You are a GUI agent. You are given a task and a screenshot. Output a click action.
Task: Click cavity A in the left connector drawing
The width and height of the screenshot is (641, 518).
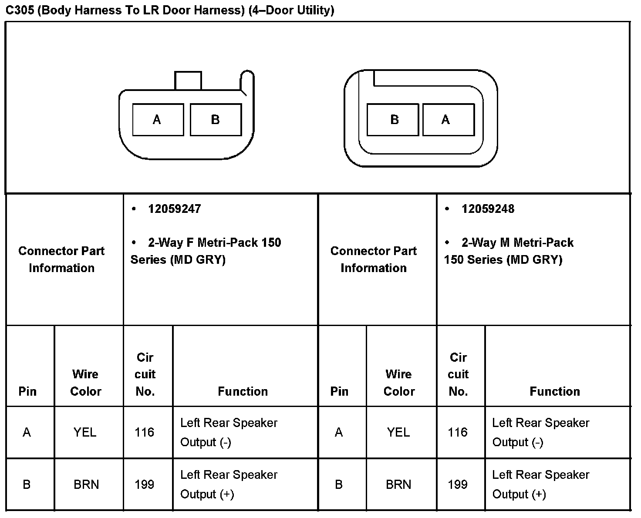coord(158,120)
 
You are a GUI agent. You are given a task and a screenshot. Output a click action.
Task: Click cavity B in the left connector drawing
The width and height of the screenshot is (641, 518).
coord(216,120)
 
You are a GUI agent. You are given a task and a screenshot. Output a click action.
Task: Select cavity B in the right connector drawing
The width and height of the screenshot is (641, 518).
coord(393,120)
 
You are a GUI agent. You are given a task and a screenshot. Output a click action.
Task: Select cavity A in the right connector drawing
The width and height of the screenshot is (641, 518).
coord(448,120)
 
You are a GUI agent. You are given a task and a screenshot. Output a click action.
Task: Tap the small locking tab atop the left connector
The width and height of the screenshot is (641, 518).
coord(188,81)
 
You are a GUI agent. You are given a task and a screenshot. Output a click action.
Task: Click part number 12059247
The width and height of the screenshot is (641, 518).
coord(174,209)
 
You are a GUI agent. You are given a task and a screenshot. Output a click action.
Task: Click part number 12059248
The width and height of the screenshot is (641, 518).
coord(488,209)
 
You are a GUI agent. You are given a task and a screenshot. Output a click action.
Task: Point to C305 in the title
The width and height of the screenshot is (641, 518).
coord(20,10)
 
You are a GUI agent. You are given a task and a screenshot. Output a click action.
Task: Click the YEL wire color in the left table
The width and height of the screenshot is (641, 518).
coord(85,432)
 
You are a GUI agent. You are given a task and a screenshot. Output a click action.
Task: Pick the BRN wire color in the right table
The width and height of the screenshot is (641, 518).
coord(398,484)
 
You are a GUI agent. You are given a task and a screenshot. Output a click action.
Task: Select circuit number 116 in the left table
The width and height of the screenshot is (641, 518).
coord(145,432)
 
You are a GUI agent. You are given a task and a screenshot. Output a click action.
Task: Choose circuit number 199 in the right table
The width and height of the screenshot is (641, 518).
coord(458,484)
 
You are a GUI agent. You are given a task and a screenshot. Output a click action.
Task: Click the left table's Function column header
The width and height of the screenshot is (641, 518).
coord(243,391)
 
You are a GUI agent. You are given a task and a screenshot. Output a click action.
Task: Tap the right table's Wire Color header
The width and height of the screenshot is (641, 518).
coord(399,383)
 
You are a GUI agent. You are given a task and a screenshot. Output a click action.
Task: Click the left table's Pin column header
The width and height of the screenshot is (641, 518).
coord(27,391)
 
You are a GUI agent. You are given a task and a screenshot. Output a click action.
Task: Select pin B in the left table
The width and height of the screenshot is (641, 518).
coord(27,484)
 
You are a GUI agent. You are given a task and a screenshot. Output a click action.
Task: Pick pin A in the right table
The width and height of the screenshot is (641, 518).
coord(339,432)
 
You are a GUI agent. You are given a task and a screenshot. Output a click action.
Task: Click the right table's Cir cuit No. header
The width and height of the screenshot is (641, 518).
coord(458,374)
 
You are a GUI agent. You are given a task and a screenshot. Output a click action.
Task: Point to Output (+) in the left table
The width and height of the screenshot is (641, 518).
coord(207,494)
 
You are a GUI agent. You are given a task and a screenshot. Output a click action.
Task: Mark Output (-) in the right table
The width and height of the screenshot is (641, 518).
coord(518,442)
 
